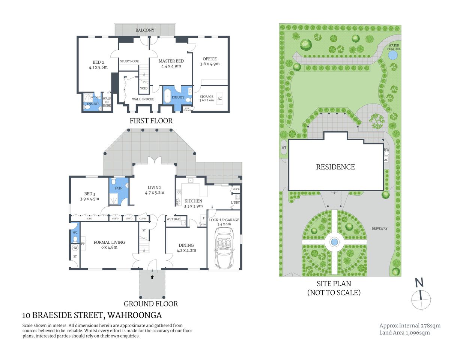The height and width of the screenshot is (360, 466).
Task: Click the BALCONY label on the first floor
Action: [x=145, y=30]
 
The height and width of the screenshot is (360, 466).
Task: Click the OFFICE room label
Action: [x=209, y=59]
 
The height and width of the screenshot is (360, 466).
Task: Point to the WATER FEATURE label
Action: [x=394, y=47]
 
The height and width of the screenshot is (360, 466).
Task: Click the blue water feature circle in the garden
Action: [x=392, y=55]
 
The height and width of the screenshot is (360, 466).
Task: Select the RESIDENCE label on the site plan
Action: [x=335, y=167]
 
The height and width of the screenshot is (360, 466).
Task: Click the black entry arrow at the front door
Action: [x=152, y=277]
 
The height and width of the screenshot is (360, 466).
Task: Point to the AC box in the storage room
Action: [x=220, y=99]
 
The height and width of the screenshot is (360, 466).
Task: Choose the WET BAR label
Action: [x=173, y=219]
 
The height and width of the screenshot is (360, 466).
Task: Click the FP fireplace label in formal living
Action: [x=83, y=244]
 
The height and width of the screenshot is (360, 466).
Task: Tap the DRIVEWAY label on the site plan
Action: [x=379, y=228]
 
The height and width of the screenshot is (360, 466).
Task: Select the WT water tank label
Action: [x=284, y=148]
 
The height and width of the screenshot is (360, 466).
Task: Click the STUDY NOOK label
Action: [x=129, y=61]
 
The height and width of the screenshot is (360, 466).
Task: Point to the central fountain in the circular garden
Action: [x=334, y=242]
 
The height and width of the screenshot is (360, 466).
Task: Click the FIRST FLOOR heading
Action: [x=151, y=121]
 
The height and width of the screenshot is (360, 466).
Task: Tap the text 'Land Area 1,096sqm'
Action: [x=404, y=333]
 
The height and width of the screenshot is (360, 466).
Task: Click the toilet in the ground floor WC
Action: [x=75, y=238]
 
